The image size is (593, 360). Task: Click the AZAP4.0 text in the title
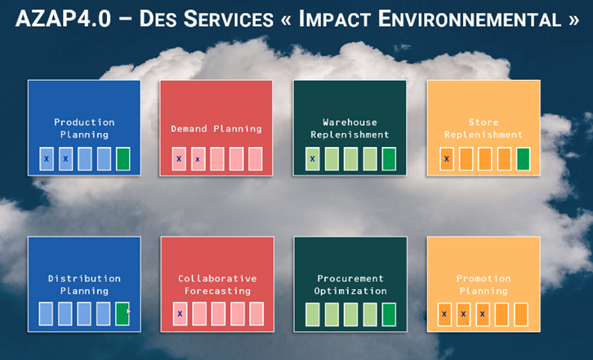pyautogui.click(x=63, y=19)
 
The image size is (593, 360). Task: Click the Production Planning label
pyautogui.click(x=84, y=128)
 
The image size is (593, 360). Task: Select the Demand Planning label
pyautogui.click(x=216, y=129)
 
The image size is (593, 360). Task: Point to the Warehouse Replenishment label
pyautogui.click(x=350, y=128)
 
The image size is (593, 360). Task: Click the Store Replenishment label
pyautogui.click(x=484, y=128)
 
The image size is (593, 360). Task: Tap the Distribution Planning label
pyautogui.click(x=84, y=284)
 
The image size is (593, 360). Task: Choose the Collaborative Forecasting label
pyautogui.click(x=217, y=284)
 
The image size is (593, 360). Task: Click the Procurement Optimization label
pyautogui.click(x=350, y=284)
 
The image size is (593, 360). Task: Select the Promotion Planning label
pyautogui.click(x=484, y=284)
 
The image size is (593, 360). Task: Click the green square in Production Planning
pyautogui.click(x=123, y=159)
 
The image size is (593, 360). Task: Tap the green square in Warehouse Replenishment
pyautogui.click(x=389, y=159)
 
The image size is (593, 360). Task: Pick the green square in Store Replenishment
pyautogui.click(x=523, y=159)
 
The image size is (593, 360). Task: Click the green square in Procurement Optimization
pyautogui.click(x=389, y=314)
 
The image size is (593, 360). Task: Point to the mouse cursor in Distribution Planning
pyautogui.click(x=128, y=311)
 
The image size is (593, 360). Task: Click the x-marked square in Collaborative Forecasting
pyautogui.click(x=180, y=313)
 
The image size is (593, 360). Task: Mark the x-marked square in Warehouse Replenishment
pyautogui.click(x=312, y=159)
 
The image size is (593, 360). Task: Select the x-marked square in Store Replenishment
pyautogui.click(x=447, y=159)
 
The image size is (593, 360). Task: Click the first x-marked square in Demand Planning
pyautogui.click(x=179, y=159)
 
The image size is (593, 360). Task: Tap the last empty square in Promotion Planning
pyautogui.click(x=521, y=314)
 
